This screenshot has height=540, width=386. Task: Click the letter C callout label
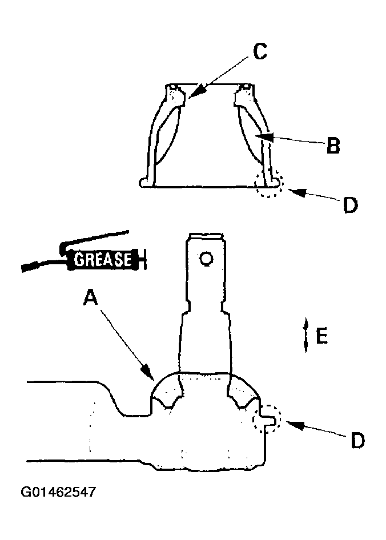[260, 51]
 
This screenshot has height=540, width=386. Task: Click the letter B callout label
[333, 146]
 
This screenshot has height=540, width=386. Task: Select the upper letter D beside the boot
[350, 205]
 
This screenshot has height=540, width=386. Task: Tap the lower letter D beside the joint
[357, 441]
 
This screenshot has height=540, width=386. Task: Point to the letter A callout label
[91, 297]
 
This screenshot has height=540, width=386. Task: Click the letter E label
[322, 336]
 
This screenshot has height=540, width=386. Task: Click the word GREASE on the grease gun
[103, 259]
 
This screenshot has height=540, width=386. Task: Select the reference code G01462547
[58, 492]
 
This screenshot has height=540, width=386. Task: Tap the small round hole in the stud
[206, 259]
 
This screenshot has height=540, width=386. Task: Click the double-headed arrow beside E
[305, 335]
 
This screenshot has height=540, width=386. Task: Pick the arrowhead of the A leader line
[148, 372]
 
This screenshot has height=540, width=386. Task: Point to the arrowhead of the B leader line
[266, 136]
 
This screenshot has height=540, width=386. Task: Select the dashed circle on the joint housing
[267, 420]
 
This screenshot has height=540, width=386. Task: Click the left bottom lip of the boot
[146, 182]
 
